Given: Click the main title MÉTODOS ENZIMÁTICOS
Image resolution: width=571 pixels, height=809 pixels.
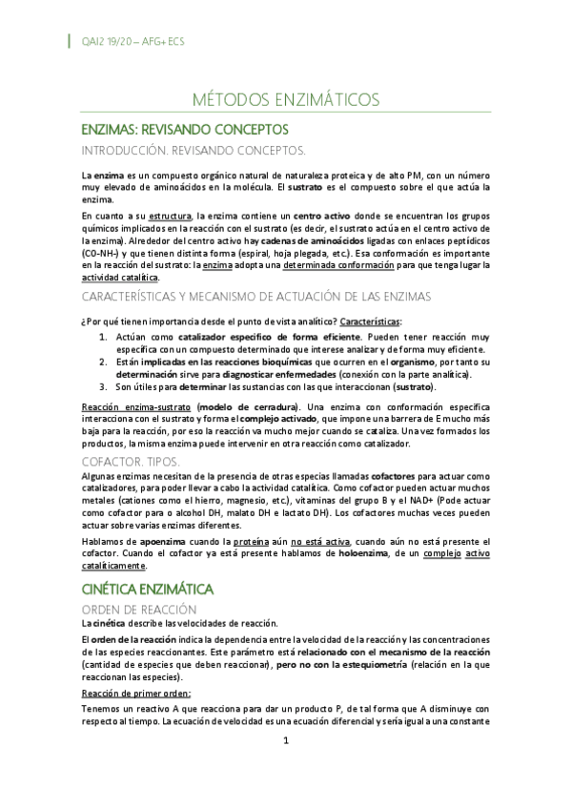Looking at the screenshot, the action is [x=285, y=99].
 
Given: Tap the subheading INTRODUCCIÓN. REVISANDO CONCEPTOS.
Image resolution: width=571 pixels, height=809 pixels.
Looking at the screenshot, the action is [x=193, y=150].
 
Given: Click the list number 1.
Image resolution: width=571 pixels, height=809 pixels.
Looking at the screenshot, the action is [x=104, y=338].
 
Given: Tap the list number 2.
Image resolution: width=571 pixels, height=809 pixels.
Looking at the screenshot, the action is [x=104, y=363].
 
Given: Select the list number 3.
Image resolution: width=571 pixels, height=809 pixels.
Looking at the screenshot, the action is [x=104, y=386].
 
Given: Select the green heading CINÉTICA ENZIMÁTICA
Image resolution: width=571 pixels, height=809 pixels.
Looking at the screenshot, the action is [x=148, y=588].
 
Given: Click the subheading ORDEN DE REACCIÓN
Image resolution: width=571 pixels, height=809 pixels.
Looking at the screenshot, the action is [x=139, y=609].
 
